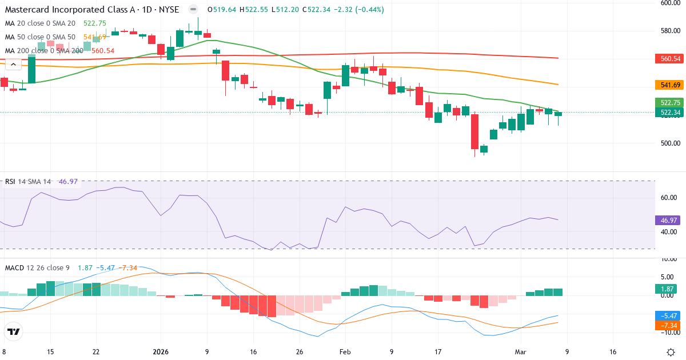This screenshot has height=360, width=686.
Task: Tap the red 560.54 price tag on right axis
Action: point(668,59)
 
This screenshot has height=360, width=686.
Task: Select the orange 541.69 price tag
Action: point(668,85)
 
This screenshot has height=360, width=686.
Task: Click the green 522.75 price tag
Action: point(668,103)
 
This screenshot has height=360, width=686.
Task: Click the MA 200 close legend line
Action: point(44,51)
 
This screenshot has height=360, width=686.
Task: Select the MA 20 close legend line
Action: point(40,23)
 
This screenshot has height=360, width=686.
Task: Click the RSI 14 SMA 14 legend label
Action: point(28,182)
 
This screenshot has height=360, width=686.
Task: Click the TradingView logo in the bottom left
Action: point(14,331)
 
